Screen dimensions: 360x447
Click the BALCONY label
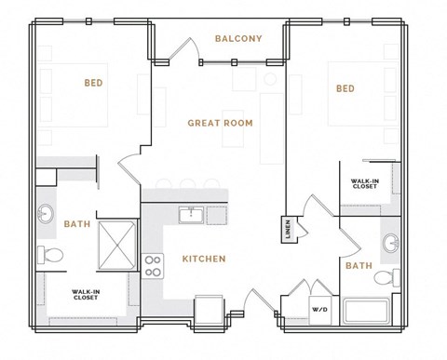(x=238, y=38)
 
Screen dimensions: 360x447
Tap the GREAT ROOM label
(x=220, y=123)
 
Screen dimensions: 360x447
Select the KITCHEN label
(x=203, y=259)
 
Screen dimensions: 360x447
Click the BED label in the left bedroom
(x=93, y=83)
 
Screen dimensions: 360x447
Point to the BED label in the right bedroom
(x=345, y=88)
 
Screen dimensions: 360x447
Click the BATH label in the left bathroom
(x=76, y=224)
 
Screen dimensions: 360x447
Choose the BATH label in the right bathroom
(x=359, y=266)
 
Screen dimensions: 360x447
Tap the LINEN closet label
(x=287, y=229)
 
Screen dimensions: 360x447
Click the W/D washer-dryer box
(x=319, y=309)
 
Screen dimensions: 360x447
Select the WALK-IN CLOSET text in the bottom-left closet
(x=86, y=297)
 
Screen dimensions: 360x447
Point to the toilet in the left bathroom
(x=52, y=254)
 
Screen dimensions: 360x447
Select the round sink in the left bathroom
(x=46, y=216)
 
